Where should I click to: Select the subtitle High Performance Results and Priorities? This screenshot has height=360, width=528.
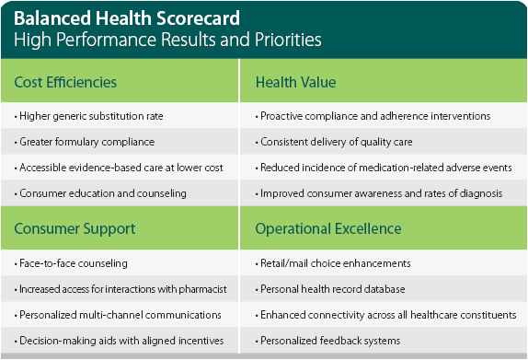168,40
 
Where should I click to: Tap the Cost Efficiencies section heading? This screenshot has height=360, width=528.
66,83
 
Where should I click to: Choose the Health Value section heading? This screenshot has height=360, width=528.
295,83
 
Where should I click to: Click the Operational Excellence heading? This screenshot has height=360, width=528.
327,227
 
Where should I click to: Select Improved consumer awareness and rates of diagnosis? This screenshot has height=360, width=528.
380,193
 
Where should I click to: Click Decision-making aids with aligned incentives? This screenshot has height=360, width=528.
107,341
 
